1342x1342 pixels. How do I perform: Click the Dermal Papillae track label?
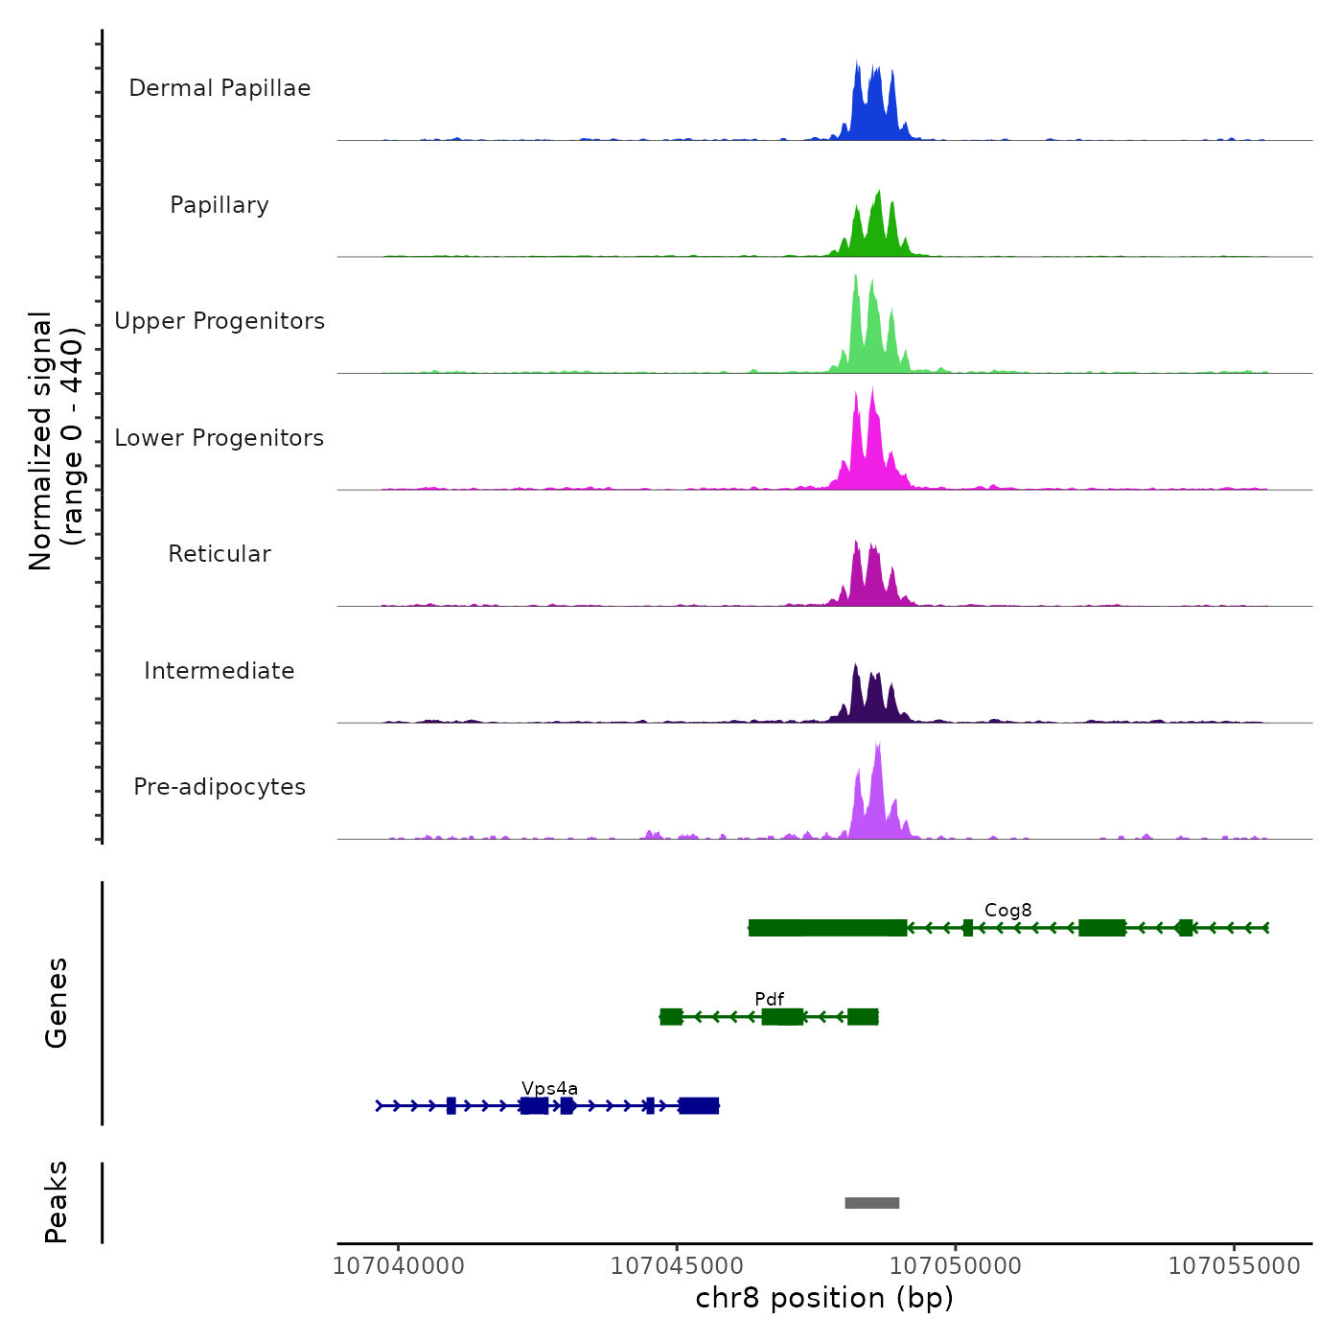220,88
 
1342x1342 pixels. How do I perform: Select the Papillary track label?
220,205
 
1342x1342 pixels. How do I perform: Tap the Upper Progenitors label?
220,321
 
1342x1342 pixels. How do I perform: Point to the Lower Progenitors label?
220,438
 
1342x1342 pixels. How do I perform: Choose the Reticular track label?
220,554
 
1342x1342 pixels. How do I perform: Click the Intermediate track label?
220,671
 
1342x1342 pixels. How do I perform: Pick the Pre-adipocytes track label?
220,787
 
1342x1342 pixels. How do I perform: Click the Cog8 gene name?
1007,910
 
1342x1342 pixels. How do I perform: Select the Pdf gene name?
769,999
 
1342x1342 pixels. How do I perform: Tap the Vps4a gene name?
549,1088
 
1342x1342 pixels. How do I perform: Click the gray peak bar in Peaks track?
872,1203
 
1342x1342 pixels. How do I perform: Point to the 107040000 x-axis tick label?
398,1266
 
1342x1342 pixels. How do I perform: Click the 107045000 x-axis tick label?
677,1266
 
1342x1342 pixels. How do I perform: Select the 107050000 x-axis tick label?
956,1266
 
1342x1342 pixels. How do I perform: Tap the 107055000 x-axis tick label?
1235,1266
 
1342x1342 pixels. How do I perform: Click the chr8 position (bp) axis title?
824,1298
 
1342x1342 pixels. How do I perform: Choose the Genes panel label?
56,1003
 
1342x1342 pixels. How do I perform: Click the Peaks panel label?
56,1202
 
